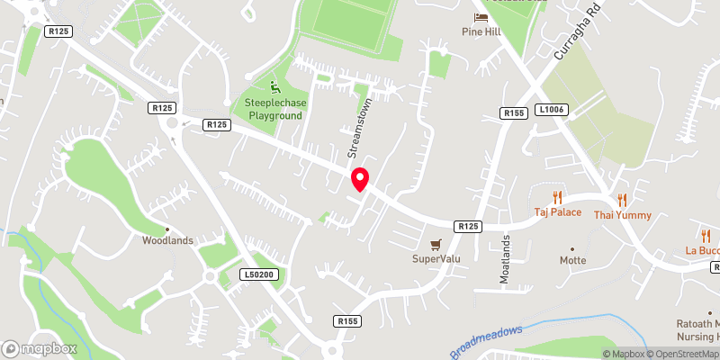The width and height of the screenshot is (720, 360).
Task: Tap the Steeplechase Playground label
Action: (x=274, y=110)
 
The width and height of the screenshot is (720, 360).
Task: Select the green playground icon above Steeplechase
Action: (x=274, y=87)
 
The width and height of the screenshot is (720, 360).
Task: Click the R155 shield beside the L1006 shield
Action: (x=515, y=112)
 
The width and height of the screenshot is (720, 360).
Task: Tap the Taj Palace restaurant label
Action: (x=557, y=213)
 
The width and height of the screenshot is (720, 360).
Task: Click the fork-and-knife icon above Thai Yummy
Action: (x=622, y=201)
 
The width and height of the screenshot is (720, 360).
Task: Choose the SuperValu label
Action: (x=436, y=259)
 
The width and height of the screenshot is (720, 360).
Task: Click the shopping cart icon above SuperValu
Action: (x=436, y=244)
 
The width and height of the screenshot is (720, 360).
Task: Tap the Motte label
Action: (x=571, y=260)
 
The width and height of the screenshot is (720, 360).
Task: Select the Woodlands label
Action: (x=166, y=240)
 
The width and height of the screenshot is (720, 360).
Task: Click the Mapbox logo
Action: (x=40, y=348)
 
